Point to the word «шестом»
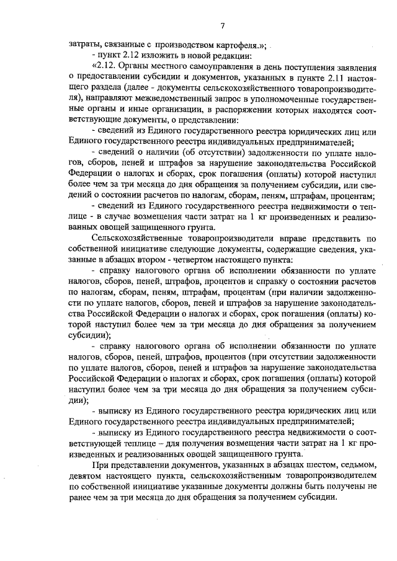coord(277,464)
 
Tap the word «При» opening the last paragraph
coord(98,464)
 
